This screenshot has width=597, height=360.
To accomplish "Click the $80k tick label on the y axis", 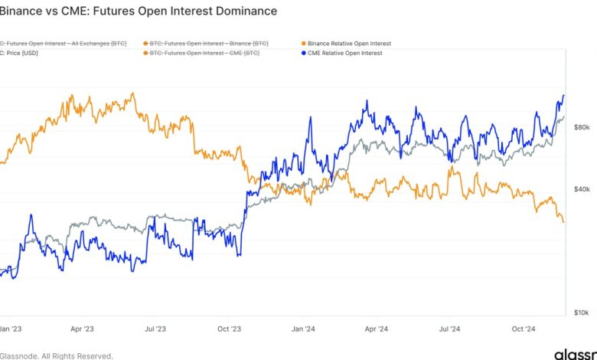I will coord(581,127).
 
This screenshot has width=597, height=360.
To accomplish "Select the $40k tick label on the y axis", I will coord(581,189).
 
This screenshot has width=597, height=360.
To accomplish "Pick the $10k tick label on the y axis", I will coord(581,313).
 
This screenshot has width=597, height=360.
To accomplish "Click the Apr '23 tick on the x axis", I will coord(81,329).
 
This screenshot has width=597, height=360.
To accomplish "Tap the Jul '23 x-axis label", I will coord(155,329).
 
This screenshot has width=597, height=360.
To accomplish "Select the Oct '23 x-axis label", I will coord(229,329).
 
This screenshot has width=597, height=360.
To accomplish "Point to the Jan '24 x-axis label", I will coord(303,329).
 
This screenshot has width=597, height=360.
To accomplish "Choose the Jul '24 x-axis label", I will coord(450,329).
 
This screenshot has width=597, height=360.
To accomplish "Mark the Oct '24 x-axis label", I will coord(524,329).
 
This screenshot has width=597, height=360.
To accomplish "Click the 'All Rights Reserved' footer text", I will coord(77,355).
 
